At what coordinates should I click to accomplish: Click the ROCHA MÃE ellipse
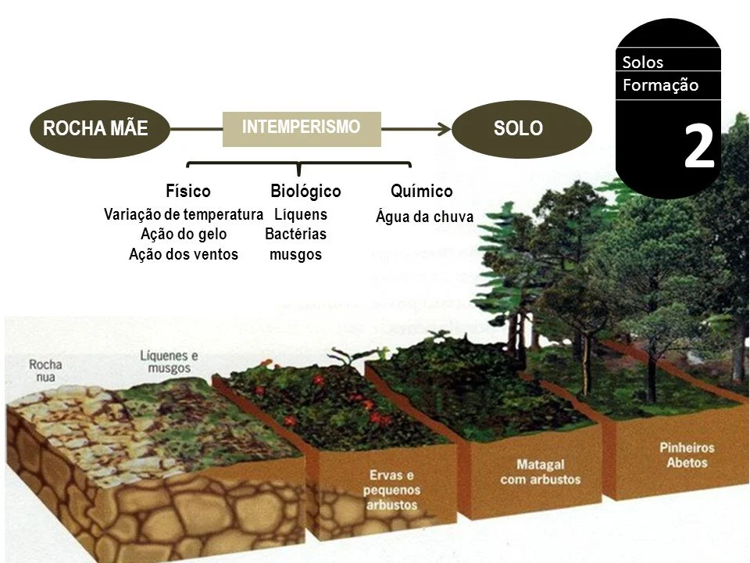(x=99, y=129)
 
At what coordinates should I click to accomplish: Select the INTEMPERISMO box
(x=302, y=129)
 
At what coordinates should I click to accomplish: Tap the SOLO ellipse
(x=522, y=129)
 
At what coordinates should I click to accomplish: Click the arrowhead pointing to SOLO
(x=445, y=129)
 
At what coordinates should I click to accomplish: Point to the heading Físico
(x=188, y=191)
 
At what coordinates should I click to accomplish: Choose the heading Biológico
(x=305, y=191)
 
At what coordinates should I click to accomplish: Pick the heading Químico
(x=421, y=191)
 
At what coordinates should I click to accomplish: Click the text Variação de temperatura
(x=184, y=214)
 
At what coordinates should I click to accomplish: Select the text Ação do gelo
(x=184, y=234)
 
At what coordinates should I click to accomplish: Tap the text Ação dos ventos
(x=184, y=254)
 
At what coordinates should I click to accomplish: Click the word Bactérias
(x=295, y=234)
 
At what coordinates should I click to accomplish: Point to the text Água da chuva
(x=425, y=217)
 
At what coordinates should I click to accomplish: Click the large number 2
(x=698, y=146)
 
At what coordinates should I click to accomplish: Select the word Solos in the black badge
(x=643, y=63)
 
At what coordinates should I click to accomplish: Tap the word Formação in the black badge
(x=661, y=85)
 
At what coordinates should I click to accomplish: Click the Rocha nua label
(x=45, y=371)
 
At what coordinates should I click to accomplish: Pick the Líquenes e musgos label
(x=169, y=362)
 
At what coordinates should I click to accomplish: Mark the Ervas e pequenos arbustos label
(x=391, y=489)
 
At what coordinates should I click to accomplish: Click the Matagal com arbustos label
(x=541, y=472)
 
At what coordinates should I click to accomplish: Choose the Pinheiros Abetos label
(x=687, y=455)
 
